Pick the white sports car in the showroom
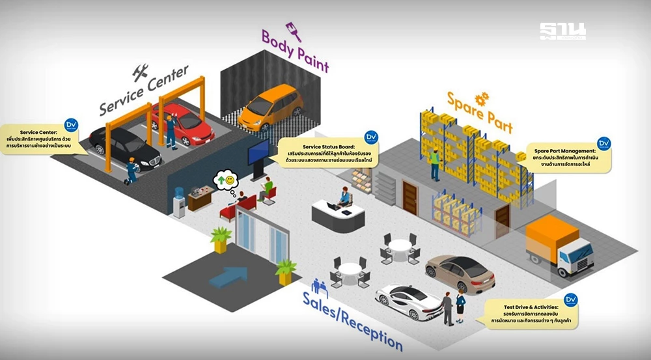tap(409, 301)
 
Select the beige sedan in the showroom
tap(460, 273)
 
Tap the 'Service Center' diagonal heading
tap(144, 90)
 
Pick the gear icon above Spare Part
tap(482, 98)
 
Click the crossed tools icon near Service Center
tap(140, 72)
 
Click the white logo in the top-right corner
tap(562, 31)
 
